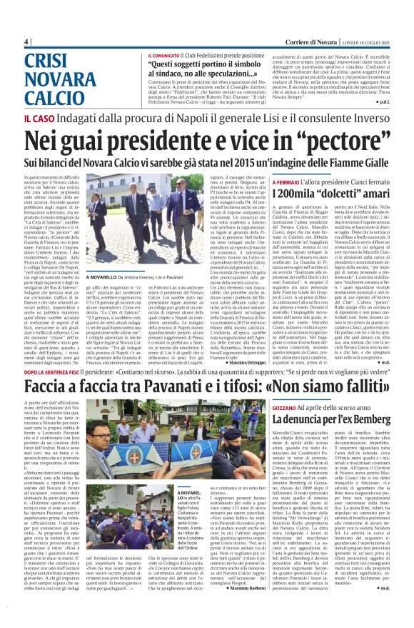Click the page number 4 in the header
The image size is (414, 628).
tap(26, 41)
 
